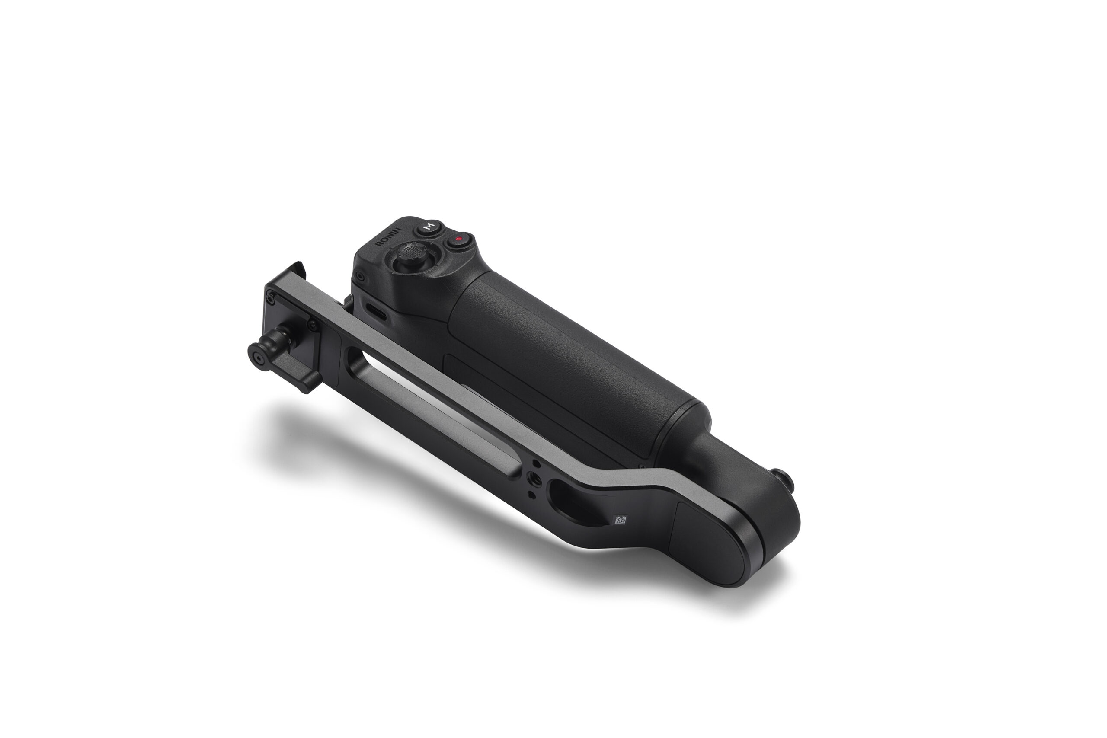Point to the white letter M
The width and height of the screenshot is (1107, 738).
(x=428, y=227)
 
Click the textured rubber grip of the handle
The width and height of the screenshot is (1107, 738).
(x=565, y=358)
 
